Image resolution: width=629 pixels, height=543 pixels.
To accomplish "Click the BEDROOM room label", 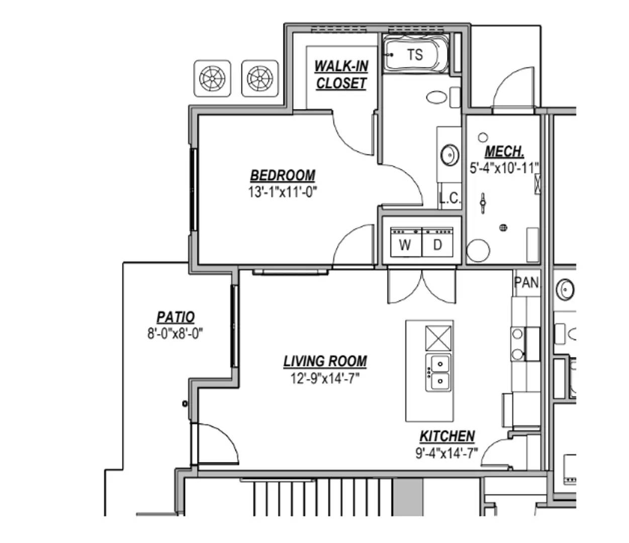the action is (x=283, y=175).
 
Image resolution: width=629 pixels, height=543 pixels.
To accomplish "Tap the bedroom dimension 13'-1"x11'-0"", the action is (x=283, y=192).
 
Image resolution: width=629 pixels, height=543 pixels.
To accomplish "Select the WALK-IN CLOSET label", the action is (x=341, y=75).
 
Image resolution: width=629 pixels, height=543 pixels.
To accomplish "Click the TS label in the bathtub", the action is (x=415, y=55).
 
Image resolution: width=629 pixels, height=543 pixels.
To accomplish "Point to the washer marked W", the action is (x=406, y=242).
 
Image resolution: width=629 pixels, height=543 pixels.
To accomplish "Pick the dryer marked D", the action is (x=437, y=242).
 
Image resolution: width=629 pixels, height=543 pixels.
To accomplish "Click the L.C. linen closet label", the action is (x=451, y=199).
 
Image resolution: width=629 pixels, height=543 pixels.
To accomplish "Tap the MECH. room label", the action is (x=504, y=151).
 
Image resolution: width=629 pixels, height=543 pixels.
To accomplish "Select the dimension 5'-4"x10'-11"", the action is (x=504, y=168).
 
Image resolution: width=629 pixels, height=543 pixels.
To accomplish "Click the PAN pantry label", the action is (x=526, y=283).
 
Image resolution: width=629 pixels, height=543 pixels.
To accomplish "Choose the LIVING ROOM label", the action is (x=325, y=361).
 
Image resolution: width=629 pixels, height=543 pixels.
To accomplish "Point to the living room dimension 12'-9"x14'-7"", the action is (x=325, y=379).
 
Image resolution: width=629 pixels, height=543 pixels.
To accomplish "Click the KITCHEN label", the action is (x=447, y=436).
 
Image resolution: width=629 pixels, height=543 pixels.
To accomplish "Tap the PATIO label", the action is (x=175, y=317).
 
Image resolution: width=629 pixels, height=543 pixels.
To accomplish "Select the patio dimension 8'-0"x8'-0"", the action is (x=175, y=333).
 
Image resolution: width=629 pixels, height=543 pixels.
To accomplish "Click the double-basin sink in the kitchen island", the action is (x=438, y=373).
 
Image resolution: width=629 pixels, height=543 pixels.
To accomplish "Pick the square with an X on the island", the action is (x=438, y=338).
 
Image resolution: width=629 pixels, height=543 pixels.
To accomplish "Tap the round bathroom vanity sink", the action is (x=450, y=155).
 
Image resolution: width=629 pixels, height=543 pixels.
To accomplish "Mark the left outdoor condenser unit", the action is (x=212, y=78).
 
